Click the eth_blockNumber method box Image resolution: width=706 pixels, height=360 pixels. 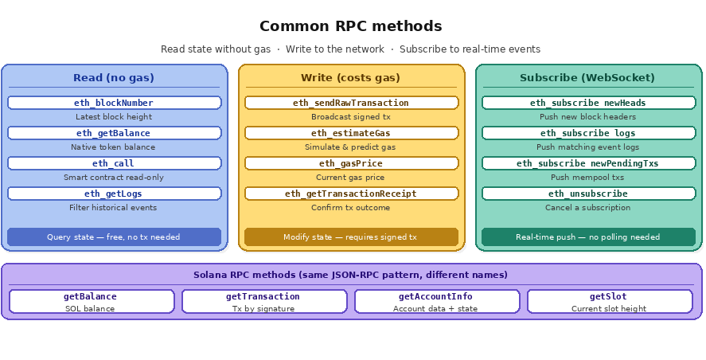click(x=114, y=103)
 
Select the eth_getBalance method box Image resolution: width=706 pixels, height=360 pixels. click(x=114, y=133)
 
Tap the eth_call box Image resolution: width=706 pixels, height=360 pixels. click(x=114, y=163)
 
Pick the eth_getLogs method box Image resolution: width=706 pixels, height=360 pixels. click(x=114, y=194)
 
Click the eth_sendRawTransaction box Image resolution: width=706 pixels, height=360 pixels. click(x=351, y=103)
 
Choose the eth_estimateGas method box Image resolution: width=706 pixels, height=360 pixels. click(x=351, y=133)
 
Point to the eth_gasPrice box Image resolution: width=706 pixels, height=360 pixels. click(x=351, y=163)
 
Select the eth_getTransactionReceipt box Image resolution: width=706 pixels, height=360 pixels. click(x=351, y=194)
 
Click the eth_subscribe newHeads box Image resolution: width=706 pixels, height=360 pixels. click(x=588, y=103)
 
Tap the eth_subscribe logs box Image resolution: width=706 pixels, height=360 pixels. click(x=588, y=133)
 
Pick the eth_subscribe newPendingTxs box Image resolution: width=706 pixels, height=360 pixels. click(x=588, y=163)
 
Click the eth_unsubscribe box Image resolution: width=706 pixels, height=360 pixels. click(x=588, y=194)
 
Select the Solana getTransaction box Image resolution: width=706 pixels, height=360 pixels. click(x=264, y=301)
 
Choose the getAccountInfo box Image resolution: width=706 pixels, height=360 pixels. click(x=436, y=301)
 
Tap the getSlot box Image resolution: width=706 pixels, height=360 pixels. click(x=609, y=301)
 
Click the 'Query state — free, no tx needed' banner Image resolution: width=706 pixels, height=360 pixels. click(x=114, y=237)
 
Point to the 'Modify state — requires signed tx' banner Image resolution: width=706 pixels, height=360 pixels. click(x=351, y=237)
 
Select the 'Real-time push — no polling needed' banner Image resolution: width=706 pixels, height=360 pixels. click(x=588, y=237)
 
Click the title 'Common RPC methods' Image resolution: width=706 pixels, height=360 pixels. click(x=351, y=26)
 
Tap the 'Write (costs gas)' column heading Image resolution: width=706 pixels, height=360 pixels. click(x=351, y=78)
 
